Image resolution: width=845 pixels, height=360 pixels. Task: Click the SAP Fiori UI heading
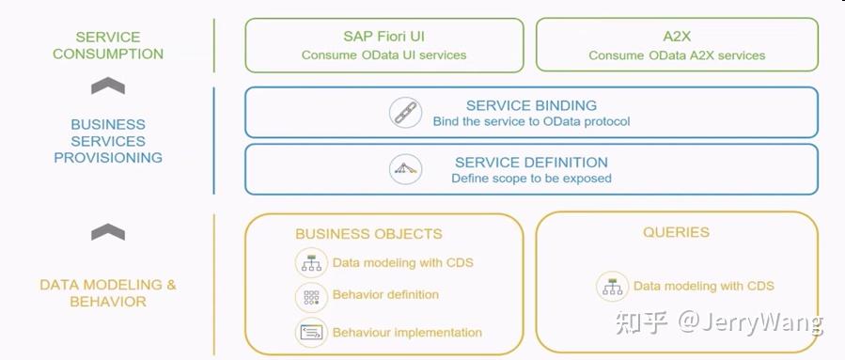pyautogui.click(x=383, y=37)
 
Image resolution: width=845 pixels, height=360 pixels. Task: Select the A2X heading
pyautogui.click(x=677, y=37)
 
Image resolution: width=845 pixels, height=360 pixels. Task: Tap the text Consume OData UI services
pyautogui.click(x=383, y=55)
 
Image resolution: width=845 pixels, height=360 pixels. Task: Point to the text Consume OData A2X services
pyautogui.click(x=677, y=55)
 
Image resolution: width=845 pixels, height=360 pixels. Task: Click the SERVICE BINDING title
pyautogui.click(x=531, y=105)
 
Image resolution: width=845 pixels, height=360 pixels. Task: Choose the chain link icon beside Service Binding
pyautogui.click(x=405, y=113)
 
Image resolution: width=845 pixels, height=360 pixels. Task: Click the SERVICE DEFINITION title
pyautogui.click(x=531, y=162)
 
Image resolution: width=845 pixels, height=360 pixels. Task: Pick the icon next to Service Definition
pyautogui.click(x=405, y=169)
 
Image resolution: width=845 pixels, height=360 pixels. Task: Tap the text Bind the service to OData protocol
pyautogui.click(x=531, y=121)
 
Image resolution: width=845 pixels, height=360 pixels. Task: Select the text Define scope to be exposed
pyautogui.click(x=531, y=178)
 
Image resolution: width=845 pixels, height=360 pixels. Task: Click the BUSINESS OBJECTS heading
pyautogui.click(x=368, y=234)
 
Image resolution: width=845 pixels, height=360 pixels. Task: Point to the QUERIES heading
pyautogui.click(x=676, y=232)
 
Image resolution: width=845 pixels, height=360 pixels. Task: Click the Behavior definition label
pyautogui.click(x=385, y=294)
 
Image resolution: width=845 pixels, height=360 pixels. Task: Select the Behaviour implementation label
pyautogui.click(x=407, y=332)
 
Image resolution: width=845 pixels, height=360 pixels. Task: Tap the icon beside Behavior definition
pyautogui.click(x=310, y=296)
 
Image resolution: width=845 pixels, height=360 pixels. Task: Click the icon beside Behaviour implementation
pyautogui.click(x=310, y=332)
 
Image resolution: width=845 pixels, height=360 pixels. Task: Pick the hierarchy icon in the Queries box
pyautogui.click(x=612, y=286)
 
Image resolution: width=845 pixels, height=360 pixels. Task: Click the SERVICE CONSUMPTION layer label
pyautogui.click(x=108, y=45)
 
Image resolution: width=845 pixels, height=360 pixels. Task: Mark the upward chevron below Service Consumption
pyautogui.click(x=108, y=86)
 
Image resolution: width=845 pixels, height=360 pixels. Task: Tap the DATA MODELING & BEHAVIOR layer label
pyautogui.click(x=108, y=293)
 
